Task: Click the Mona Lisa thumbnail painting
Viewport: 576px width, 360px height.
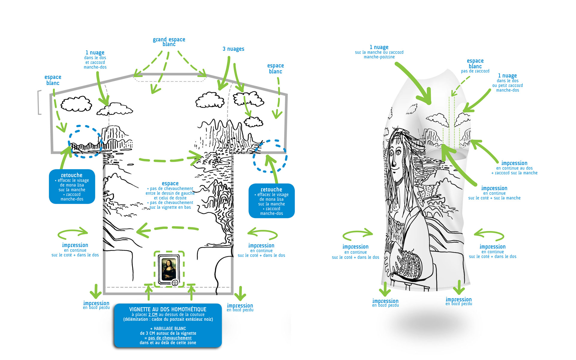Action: [x=169, y=268]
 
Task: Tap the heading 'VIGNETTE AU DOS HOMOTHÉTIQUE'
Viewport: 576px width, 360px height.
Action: [x=168, y=309]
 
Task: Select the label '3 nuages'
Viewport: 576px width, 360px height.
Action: [x=233, y=49]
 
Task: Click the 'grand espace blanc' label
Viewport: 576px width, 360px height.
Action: [x=169, y=42]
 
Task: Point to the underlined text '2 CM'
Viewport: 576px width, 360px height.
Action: [x=153, y=315]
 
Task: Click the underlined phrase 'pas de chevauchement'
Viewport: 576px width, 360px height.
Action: [x=170, y=338]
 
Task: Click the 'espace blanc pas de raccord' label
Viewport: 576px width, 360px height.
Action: [x=475, y=66]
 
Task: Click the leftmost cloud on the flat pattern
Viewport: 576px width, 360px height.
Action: [x=76, y=104]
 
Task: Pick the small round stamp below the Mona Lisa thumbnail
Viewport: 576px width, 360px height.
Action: [x=175, y=283]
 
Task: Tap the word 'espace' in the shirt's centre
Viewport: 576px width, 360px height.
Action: [x=170, y=183]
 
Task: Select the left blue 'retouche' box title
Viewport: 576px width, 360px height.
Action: [x=72, y=175]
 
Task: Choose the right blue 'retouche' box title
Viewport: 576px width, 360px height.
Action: [x=271, y=190]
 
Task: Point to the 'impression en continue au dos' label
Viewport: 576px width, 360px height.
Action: [x=514, y=168]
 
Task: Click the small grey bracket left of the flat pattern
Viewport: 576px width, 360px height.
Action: [x=39, y=102]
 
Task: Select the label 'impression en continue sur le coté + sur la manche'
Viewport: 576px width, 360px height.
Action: [x=494, y=193]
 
